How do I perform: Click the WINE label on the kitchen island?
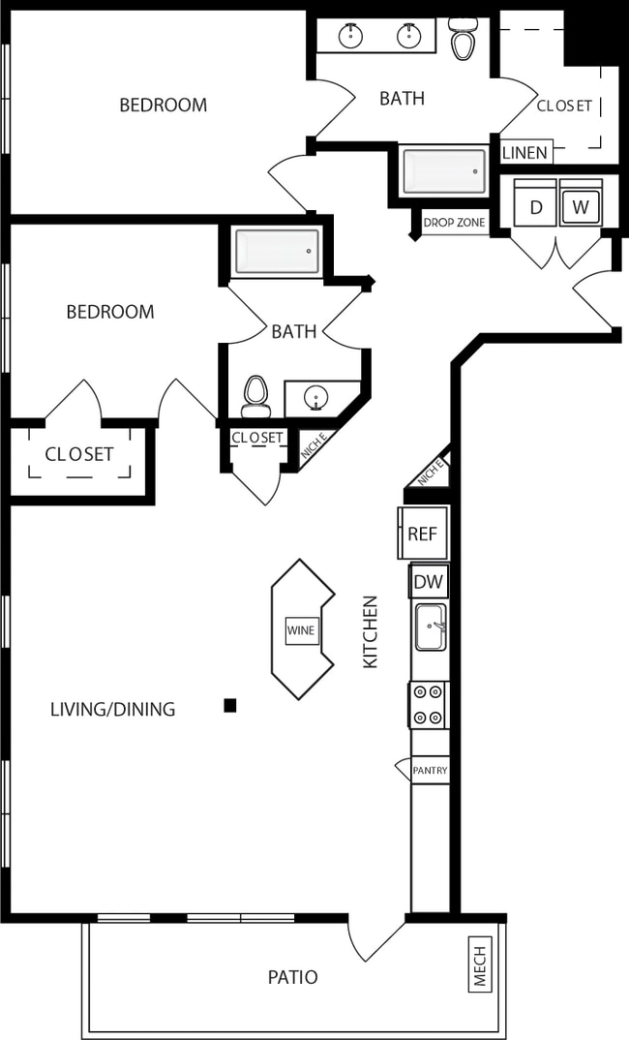pos(301,630)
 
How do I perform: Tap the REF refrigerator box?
pos(423,534)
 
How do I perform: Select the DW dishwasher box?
pos(428,582)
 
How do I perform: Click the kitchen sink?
pos(431,627)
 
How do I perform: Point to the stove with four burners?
pos(429,704)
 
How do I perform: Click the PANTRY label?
pos(429,771)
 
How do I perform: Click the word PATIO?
pos(292,977)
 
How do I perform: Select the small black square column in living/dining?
pos(230,705)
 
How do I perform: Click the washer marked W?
pos(581,206)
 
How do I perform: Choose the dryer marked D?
pos(535,206)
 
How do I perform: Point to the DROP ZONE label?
pos(454,223)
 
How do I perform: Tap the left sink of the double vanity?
pos(350,36)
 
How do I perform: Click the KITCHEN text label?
pos(371,631)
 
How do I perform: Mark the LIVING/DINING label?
pos(112,709)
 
